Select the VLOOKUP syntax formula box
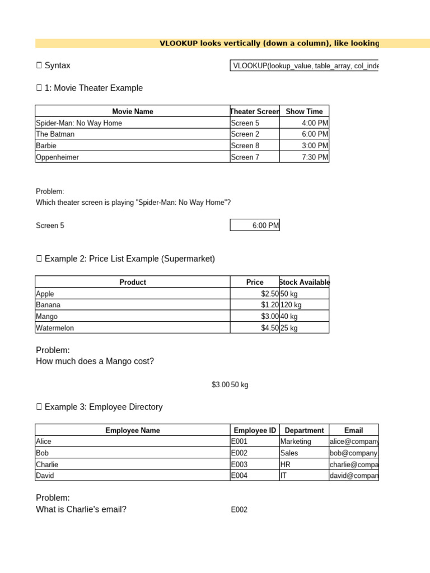(304, 66)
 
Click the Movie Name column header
(132, 111)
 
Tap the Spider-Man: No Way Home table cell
(79, 123)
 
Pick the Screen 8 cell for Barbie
(245, 146)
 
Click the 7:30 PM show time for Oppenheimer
(315, 157)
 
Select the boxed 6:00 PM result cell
(255, 226)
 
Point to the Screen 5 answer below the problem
(50, 226)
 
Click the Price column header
(255, 282)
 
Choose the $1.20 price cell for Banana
(269, 305)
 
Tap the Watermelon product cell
(55, 328)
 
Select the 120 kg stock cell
(291, 305)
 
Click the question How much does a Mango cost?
(95, 361)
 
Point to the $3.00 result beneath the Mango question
(220, 385)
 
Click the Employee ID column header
(255, 430)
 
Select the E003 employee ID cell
(239, 464)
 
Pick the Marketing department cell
(296, 442)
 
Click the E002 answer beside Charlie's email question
(239, 510)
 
